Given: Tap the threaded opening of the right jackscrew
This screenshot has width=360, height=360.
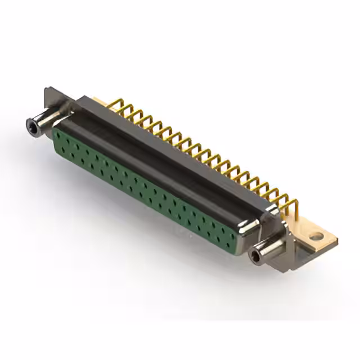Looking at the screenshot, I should point(256,256).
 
